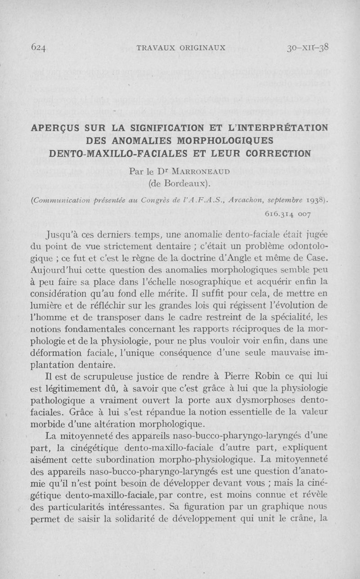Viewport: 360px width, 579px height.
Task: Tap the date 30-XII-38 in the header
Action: tap(308, 47)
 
